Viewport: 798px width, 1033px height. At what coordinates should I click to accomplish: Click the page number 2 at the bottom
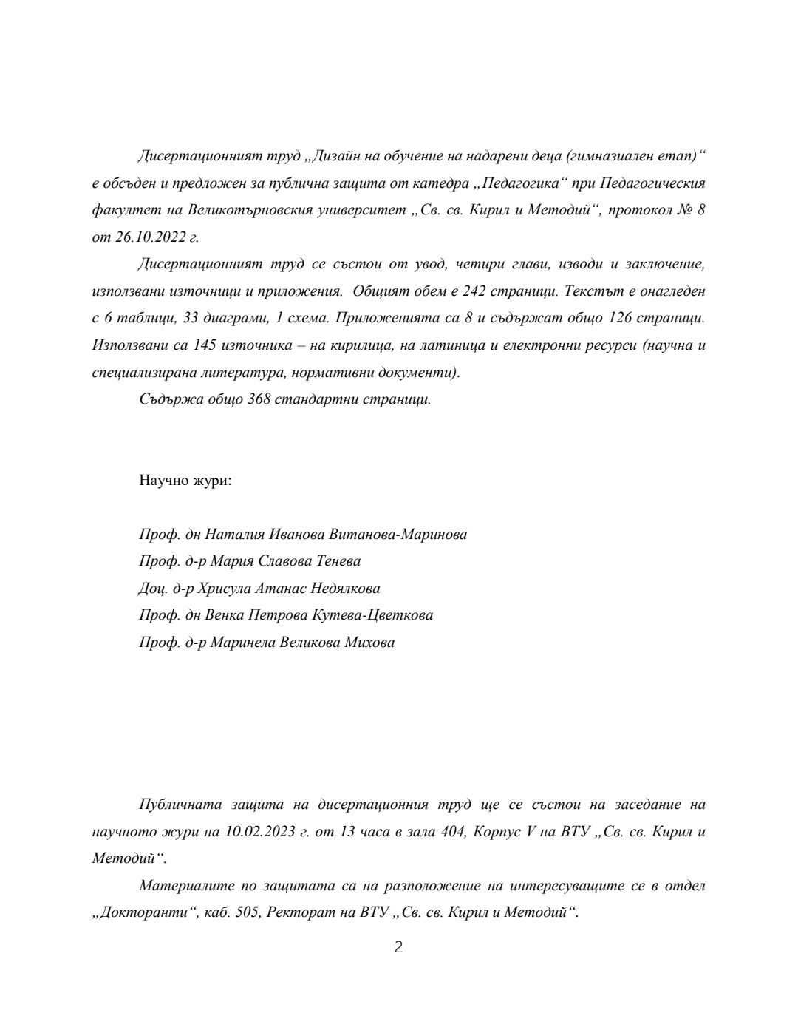click(x=398, y=947)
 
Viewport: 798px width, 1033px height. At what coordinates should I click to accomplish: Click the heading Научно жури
click(x=185, y=480)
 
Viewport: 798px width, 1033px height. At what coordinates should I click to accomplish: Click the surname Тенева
click(x=338, y=561)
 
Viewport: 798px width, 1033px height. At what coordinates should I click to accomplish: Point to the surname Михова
click(x=369, y=642)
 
